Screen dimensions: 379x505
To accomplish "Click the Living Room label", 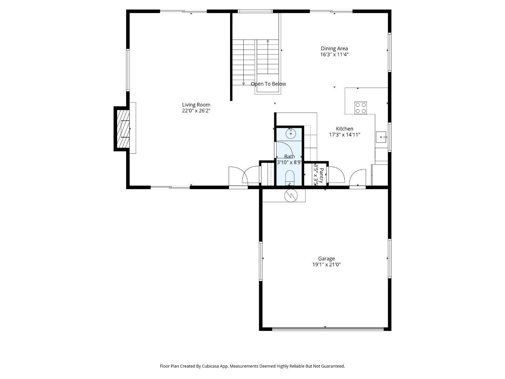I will pos(196,105).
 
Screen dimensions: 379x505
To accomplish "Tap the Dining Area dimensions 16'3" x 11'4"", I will pos(334,54).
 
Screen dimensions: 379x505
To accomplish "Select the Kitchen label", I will pos(344,129).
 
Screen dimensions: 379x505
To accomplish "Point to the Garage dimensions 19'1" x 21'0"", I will pos(326,265).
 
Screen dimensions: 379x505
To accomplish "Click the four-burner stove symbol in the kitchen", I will pos(361,108).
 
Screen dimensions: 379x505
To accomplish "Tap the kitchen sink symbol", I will pos(381,137).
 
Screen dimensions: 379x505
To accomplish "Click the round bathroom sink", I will pos(291,133).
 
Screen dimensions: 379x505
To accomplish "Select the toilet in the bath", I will pos(290,177).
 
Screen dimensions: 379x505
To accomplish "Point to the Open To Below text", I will pos(268,84).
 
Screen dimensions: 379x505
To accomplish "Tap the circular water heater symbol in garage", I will pos(291,195).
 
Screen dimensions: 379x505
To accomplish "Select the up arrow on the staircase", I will pos(268,41).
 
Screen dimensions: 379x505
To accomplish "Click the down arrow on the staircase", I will pos(243,84).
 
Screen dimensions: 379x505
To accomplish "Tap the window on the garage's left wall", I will pos(261,261).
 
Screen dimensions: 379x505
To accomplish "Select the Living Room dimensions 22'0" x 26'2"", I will pos(196,111).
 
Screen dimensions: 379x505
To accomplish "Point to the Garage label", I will pos(326,259).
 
